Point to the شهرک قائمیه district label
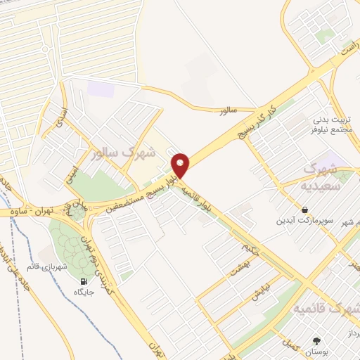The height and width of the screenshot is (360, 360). click(326, 309)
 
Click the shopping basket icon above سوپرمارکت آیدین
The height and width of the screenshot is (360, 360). click(304, 210)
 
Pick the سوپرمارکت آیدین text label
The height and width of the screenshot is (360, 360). click(304, 221)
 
